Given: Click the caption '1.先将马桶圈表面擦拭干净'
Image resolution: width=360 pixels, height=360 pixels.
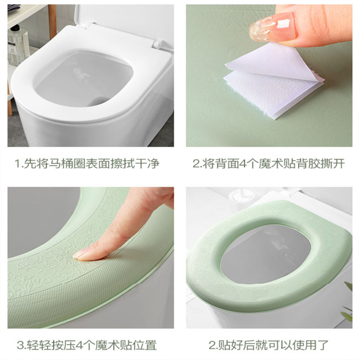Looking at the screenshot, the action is [x=87, y=163].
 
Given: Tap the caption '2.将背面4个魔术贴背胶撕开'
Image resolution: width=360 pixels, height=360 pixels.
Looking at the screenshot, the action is [x=269, y=163].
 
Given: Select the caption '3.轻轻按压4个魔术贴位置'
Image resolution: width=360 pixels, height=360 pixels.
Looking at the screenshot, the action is [x=87, y=345].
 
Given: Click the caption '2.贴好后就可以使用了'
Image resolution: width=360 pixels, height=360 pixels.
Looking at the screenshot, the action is [x=269, y=345].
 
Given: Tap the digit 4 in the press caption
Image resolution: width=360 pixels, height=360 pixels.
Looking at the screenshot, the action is [x=80, y=346].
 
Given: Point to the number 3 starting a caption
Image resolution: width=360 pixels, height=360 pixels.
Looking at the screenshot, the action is [x=20, y=346].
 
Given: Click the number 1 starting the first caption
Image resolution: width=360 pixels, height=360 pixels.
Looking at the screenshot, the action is [x=18, y=164].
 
